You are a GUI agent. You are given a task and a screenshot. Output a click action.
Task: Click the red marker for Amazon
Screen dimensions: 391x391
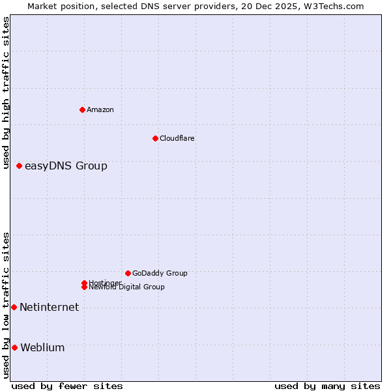[82, 109]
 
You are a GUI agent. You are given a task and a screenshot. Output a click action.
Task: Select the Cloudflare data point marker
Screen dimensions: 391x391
[155, 138]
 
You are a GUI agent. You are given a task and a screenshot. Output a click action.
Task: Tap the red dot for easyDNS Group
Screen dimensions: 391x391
[20, 166]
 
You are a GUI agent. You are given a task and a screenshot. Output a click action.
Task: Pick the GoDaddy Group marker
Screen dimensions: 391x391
[128, 273]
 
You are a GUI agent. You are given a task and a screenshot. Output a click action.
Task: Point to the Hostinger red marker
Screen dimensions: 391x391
[85, 283]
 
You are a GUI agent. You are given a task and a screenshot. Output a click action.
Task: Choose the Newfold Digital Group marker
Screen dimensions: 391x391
[85, 287]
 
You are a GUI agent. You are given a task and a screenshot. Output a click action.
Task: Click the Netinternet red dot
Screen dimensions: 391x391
[14, 307]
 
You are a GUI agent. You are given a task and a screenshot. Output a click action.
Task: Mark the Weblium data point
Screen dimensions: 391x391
[14, 347]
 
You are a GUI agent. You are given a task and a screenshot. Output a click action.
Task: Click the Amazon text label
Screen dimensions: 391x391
[100, 109]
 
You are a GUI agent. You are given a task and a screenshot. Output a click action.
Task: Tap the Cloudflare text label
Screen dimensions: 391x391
[177, 138]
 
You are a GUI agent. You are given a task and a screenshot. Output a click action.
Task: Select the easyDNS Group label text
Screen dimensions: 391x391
[66, 166]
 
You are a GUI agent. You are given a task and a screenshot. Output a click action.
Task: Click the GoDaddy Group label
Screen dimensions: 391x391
[160, 273]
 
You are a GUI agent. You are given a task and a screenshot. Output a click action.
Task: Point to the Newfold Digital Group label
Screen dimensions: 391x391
[127, 287]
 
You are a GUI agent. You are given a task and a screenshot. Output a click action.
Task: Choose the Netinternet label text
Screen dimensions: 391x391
[49, 308]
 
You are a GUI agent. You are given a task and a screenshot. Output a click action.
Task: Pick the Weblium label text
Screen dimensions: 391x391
[42, 348]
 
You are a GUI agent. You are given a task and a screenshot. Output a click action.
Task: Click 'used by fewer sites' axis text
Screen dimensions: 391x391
[67, 386]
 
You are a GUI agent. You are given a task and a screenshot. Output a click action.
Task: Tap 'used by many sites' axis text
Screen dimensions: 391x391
[327, 386]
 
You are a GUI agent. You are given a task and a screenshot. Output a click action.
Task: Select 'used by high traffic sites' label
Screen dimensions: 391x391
[7, 93]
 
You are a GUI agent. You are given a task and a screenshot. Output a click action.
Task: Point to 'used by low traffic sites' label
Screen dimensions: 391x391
[7, 305]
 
